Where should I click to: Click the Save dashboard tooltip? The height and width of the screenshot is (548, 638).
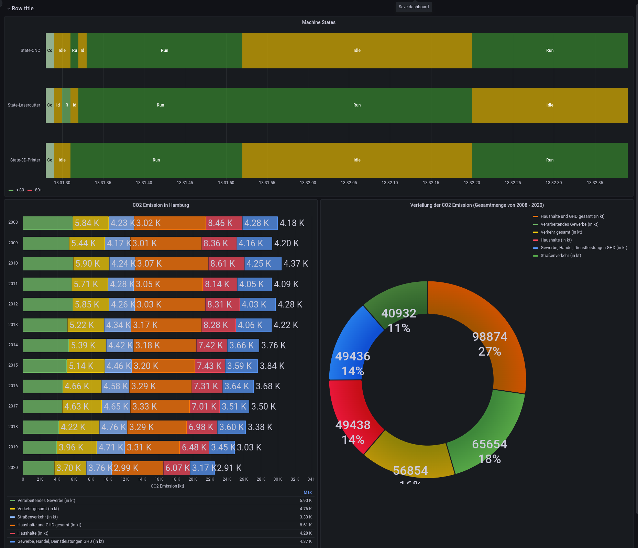[414, 7]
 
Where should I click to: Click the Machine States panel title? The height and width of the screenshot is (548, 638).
[319, 22]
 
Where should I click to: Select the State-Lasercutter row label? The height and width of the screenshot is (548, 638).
[24, 105]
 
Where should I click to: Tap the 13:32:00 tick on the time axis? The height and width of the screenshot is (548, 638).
[308, 183]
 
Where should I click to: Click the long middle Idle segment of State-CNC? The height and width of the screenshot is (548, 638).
[357, 51]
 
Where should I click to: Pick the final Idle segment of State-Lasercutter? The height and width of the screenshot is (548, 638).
[550, 105]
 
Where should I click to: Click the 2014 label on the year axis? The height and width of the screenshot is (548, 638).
[13, 345]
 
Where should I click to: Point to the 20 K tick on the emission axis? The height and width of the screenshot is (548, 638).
[193, 479]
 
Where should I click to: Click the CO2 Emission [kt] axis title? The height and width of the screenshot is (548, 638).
[167, 486]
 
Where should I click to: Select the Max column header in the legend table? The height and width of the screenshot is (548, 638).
[307, 492]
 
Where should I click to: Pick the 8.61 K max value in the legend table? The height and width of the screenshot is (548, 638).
[306, 525]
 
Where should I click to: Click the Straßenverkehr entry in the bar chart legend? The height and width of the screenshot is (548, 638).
[37, 517]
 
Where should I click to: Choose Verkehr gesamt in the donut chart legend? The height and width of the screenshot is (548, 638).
[561, 232]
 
